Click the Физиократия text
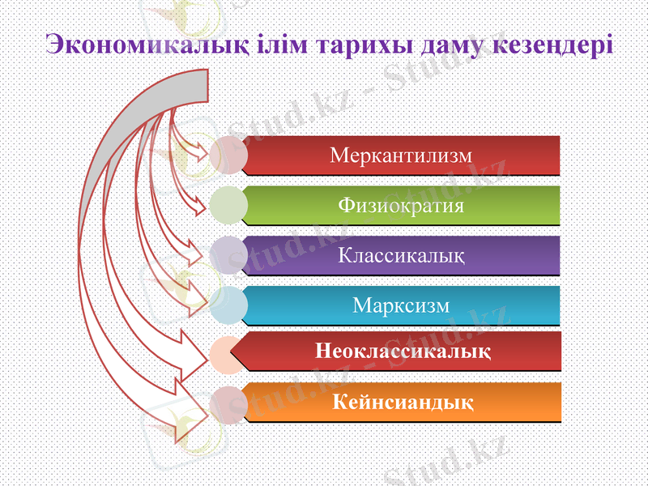[401, 205]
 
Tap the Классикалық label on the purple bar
[401, 255]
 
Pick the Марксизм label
[401, 305]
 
